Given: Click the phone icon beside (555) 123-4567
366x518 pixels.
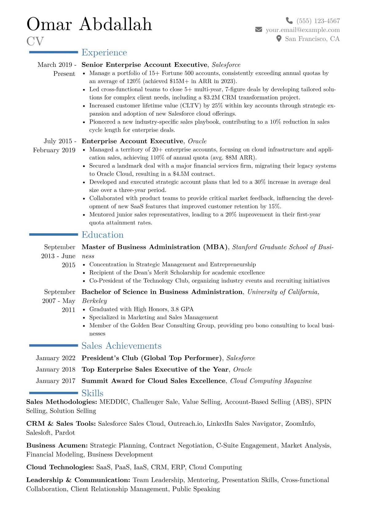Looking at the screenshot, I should [289, 21].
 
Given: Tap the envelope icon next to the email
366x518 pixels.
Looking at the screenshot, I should [259, 30].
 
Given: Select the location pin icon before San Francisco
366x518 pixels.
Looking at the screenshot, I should [279, 38].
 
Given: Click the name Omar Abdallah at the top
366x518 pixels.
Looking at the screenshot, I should [89, 24].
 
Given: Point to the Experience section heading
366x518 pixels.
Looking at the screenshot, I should [104, 53].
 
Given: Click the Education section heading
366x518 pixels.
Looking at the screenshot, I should [102, 235].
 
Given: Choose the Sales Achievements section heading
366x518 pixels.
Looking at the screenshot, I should [121, 346].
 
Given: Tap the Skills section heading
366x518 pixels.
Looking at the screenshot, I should [92, 393].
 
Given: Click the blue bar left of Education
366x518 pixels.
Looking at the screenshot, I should [54, 235].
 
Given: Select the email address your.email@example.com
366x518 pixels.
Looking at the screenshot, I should [303, 30].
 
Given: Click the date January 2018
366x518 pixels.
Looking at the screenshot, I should [56, 369].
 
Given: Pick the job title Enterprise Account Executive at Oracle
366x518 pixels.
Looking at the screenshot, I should [132, 141].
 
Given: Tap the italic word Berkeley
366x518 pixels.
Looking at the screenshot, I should [94, 301].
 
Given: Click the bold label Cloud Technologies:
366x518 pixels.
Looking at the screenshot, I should [60, 467].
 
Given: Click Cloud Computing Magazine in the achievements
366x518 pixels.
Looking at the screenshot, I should [271, 381].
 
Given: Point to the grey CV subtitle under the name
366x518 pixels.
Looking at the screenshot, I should [35, 41].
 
